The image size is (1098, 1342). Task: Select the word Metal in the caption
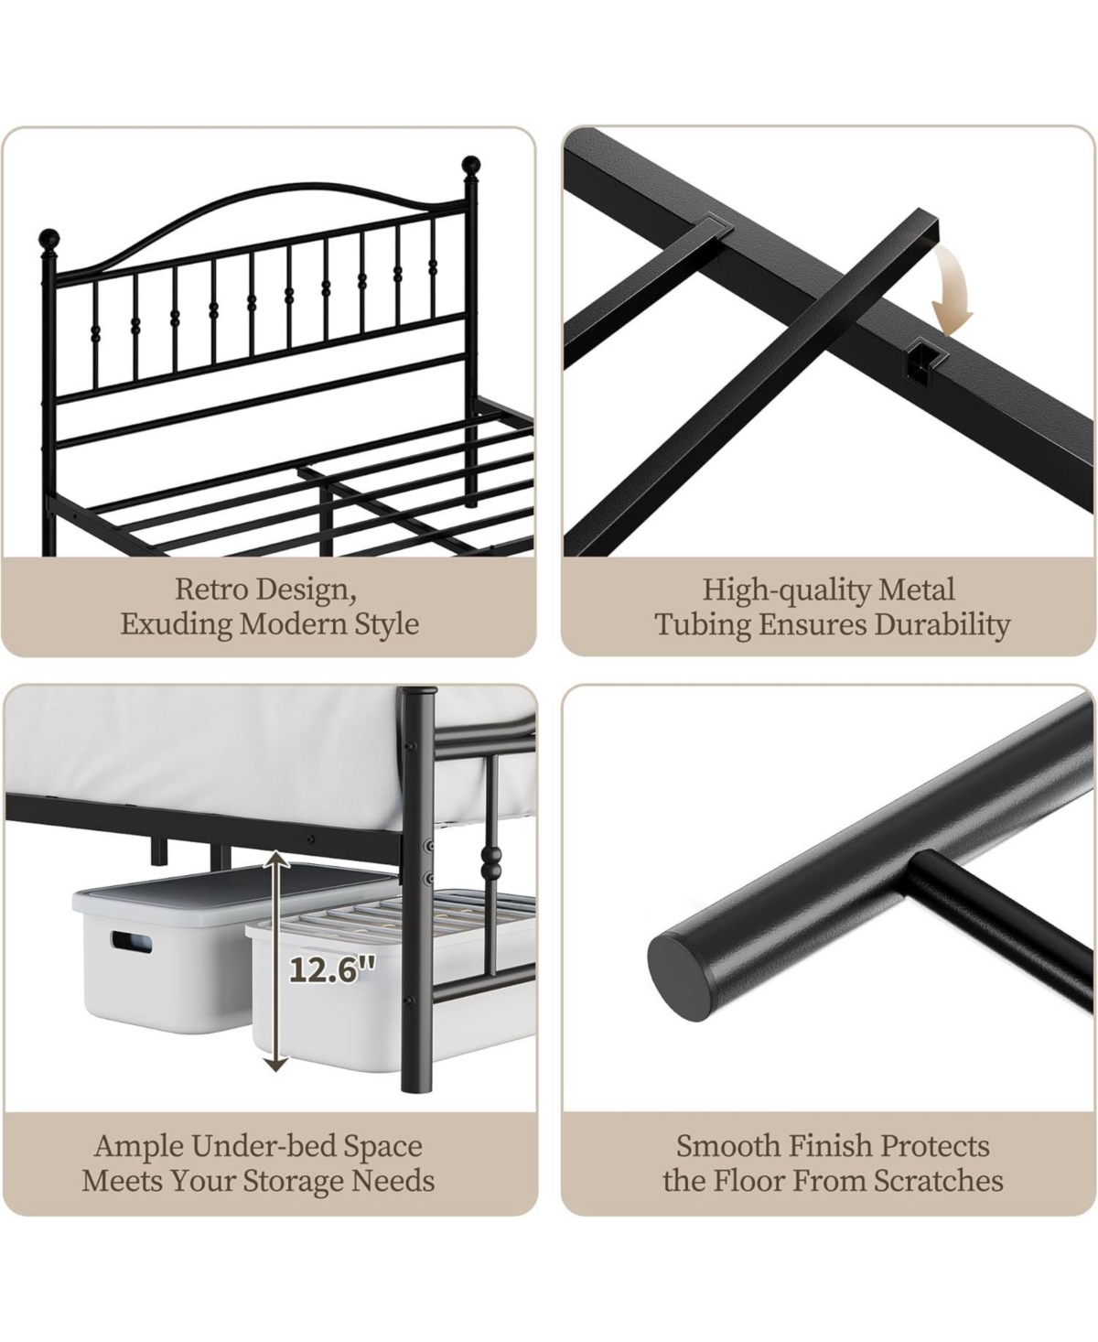917,589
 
